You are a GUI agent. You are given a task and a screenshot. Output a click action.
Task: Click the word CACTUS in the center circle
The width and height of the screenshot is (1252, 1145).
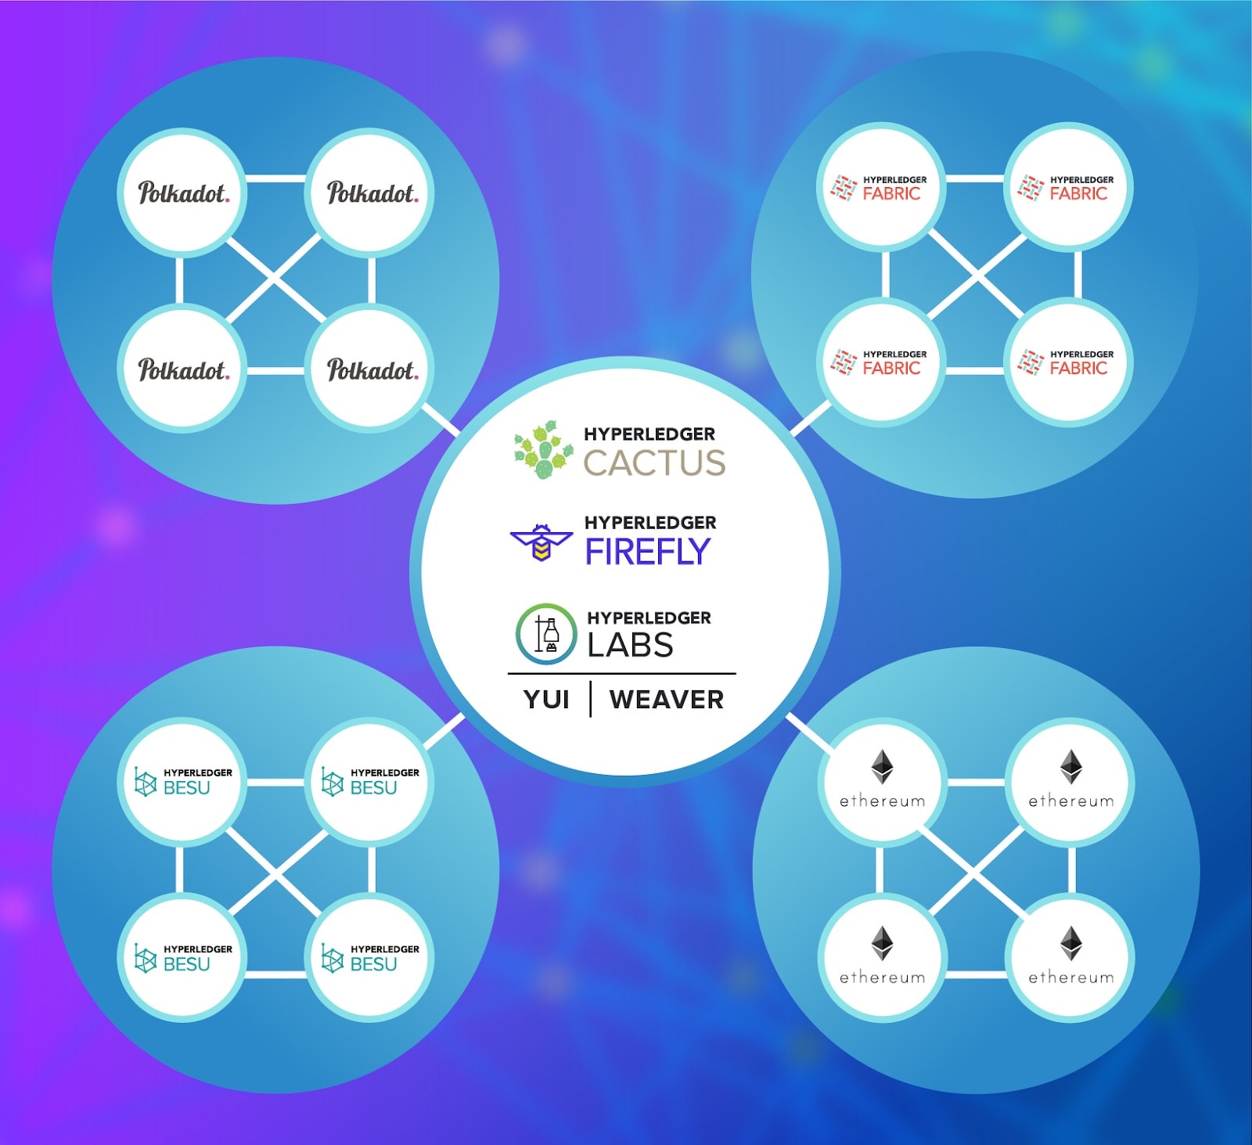[654, 463]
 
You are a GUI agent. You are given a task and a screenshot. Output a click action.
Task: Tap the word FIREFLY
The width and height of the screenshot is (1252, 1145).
[648, 552]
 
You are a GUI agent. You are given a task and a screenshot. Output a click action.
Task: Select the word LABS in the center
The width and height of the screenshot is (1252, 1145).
[630, 645]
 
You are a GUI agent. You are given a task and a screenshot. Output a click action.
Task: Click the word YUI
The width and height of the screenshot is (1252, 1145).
[546, 699]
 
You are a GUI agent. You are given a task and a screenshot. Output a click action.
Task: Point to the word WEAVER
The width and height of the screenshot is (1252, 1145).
[667, 699]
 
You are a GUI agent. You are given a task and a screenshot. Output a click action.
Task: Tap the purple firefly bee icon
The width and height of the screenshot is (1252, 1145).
[541, 542]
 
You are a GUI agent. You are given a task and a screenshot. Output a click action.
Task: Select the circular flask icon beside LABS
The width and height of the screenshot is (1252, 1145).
[546, 634]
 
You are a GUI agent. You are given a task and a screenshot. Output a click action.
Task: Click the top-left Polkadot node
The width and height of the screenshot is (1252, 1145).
[182, 193]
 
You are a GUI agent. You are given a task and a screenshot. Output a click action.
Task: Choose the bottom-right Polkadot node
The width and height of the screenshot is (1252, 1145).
[371, 369]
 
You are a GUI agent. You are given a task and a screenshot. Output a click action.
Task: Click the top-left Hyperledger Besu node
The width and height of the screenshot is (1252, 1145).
[182, 781]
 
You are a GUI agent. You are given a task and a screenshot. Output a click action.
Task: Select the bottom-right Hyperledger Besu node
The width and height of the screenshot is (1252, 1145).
[369, 958]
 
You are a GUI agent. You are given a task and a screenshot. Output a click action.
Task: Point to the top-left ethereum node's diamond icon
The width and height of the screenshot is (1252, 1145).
[883, 767]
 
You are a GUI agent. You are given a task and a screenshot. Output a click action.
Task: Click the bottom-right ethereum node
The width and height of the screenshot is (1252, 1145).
[1070, 959]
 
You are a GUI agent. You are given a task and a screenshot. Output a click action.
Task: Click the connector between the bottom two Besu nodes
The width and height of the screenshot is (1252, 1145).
[275, 974]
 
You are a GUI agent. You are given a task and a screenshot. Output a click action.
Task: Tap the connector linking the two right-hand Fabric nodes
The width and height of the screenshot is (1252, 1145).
[1078, 275]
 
